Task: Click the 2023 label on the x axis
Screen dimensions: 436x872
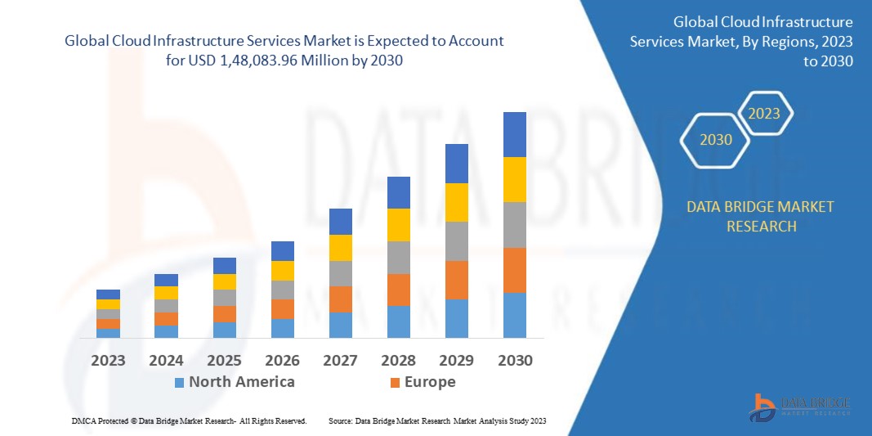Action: (108, 361)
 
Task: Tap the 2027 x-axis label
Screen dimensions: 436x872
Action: (341, 361)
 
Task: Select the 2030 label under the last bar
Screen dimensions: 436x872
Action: (515, 361)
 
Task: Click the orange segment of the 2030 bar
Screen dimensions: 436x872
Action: (514, 270)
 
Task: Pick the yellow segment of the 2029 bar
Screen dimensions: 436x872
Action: (456, 202)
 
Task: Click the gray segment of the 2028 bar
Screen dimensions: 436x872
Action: (398, 257)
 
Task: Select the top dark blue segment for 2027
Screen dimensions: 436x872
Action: (340, 222)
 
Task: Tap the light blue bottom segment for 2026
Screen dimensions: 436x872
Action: (282, 328)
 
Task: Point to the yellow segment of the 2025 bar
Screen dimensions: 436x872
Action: (224, 281)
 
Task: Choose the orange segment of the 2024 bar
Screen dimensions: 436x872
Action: (166, 319)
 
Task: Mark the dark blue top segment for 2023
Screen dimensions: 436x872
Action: (108, 294)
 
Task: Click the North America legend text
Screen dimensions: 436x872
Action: (242, 382)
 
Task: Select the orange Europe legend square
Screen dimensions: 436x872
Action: (395, 382)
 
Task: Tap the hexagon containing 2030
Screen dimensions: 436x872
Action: (716, 140)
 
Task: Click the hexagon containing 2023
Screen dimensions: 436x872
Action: (764, 114)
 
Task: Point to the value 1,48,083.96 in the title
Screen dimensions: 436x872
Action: (262, 61)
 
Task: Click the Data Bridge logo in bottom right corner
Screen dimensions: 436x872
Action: (800, 407)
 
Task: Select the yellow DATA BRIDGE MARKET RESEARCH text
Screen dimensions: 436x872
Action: (761, 216)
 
